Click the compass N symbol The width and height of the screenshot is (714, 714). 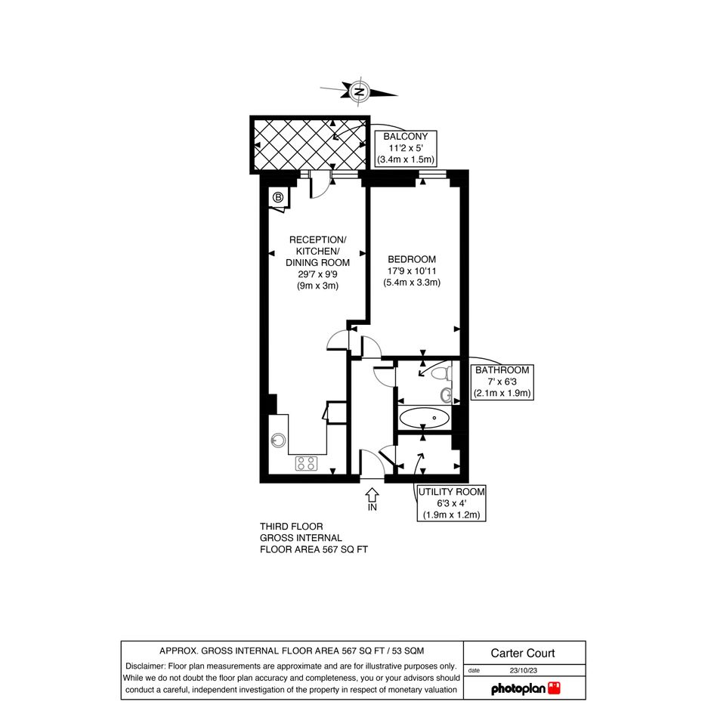tap(360, 91)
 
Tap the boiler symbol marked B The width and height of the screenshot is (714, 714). tap(278, 197)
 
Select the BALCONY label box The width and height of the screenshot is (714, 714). tap(405, 148)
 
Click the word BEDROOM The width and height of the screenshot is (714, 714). tap(412, 259)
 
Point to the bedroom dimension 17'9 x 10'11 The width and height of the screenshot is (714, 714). tap(412, 271)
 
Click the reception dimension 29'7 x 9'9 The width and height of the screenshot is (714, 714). tap(317, 274)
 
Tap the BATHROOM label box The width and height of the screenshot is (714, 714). tap(502, 382)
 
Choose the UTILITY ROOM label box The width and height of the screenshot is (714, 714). tap(451, 503)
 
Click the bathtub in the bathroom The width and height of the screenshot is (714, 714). tap(423, 418)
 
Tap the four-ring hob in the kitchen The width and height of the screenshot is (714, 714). tap(307, 464)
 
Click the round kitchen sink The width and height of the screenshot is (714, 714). tap(278, 440)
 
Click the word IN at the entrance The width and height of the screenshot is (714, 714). tap(372, 507)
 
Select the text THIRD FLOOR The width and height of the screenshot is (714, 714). tap(292, 527)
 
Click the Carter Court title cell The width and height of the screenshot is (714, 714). tap(524, 653)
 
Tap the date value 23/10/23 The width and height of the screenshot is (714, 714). tap(523, 670)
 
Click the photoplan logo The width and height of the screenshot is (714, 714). tap(525, 688)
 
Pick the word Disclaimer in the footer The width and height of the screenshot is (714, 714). tap(145, 666)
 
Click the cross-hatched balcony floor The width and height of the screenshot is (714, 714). tap(310, 145)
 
